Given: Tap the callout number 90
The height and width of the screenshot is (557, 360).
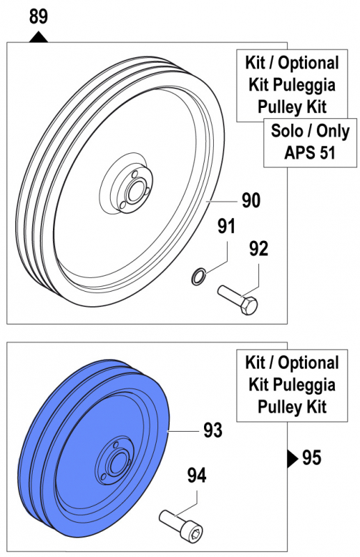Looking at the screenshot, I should point(251,201).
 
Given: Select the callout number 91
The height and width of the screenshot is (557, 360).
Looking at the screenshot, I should point(227,226).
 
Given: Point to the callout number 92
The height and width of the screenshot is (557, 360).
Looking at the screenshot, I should point(258,249).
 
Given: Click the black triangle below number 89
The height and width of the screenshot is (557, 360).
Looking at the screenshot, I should point(38,37).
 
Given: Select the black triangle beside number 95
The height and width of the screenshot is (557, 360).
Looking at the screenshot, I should point(292,459).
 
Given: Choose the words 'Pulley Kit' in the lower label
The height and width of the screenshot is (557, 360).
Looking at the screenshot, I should point(292,407).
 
